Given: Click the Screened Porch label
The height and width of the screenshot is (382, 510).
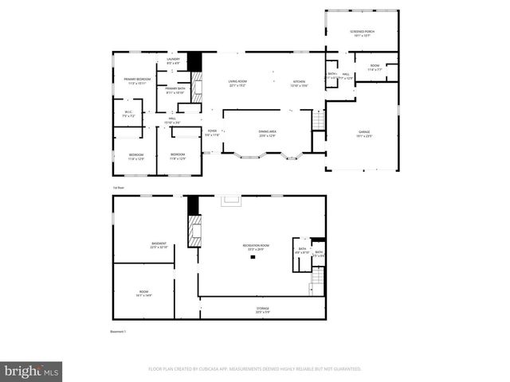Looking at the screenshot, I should pos(362,33).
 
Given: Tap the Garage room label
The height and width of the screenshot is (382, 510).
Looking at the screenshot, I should pos(363,133).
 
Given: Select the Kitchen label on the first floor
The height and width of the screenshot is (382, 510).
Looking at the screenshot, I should pos(299,83).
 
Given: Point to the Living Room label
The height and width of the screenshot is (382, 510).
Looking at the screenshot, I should pos(237,83).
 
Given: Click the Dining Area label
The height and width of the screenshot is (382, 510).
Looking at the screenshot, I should pos(267,133).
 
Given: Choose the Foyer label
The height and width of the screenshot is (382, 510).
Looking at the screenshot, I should pos(212,133).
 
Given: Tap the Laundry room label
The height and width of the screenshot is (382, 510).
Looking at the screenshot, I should pos(173,60).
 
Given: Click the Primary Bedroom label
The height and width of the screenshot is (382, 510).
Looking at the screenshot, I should pos(137,81).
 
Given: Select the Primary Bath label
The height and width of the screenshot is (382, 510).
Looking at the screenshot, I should pos(175,90).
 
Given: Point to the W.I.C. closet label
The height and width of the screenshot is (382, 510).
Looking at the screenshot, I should pos(127,114).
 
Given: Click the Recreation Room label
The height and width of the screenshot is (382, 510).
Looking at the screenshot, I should pos(256,248).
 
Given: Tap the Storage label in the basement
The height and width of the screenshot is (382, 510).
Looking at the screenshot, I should pos(262,310).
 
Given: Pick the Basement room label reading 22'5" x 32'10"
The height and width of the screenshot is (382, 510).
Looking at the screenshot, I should pos(159,245).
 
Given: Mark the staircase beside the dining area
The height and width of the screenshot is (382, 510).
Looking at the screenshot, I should pos(318,121).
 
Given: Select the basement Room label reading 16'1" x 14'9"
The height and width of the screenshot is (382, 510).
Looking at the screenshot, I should pos(143,294).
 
